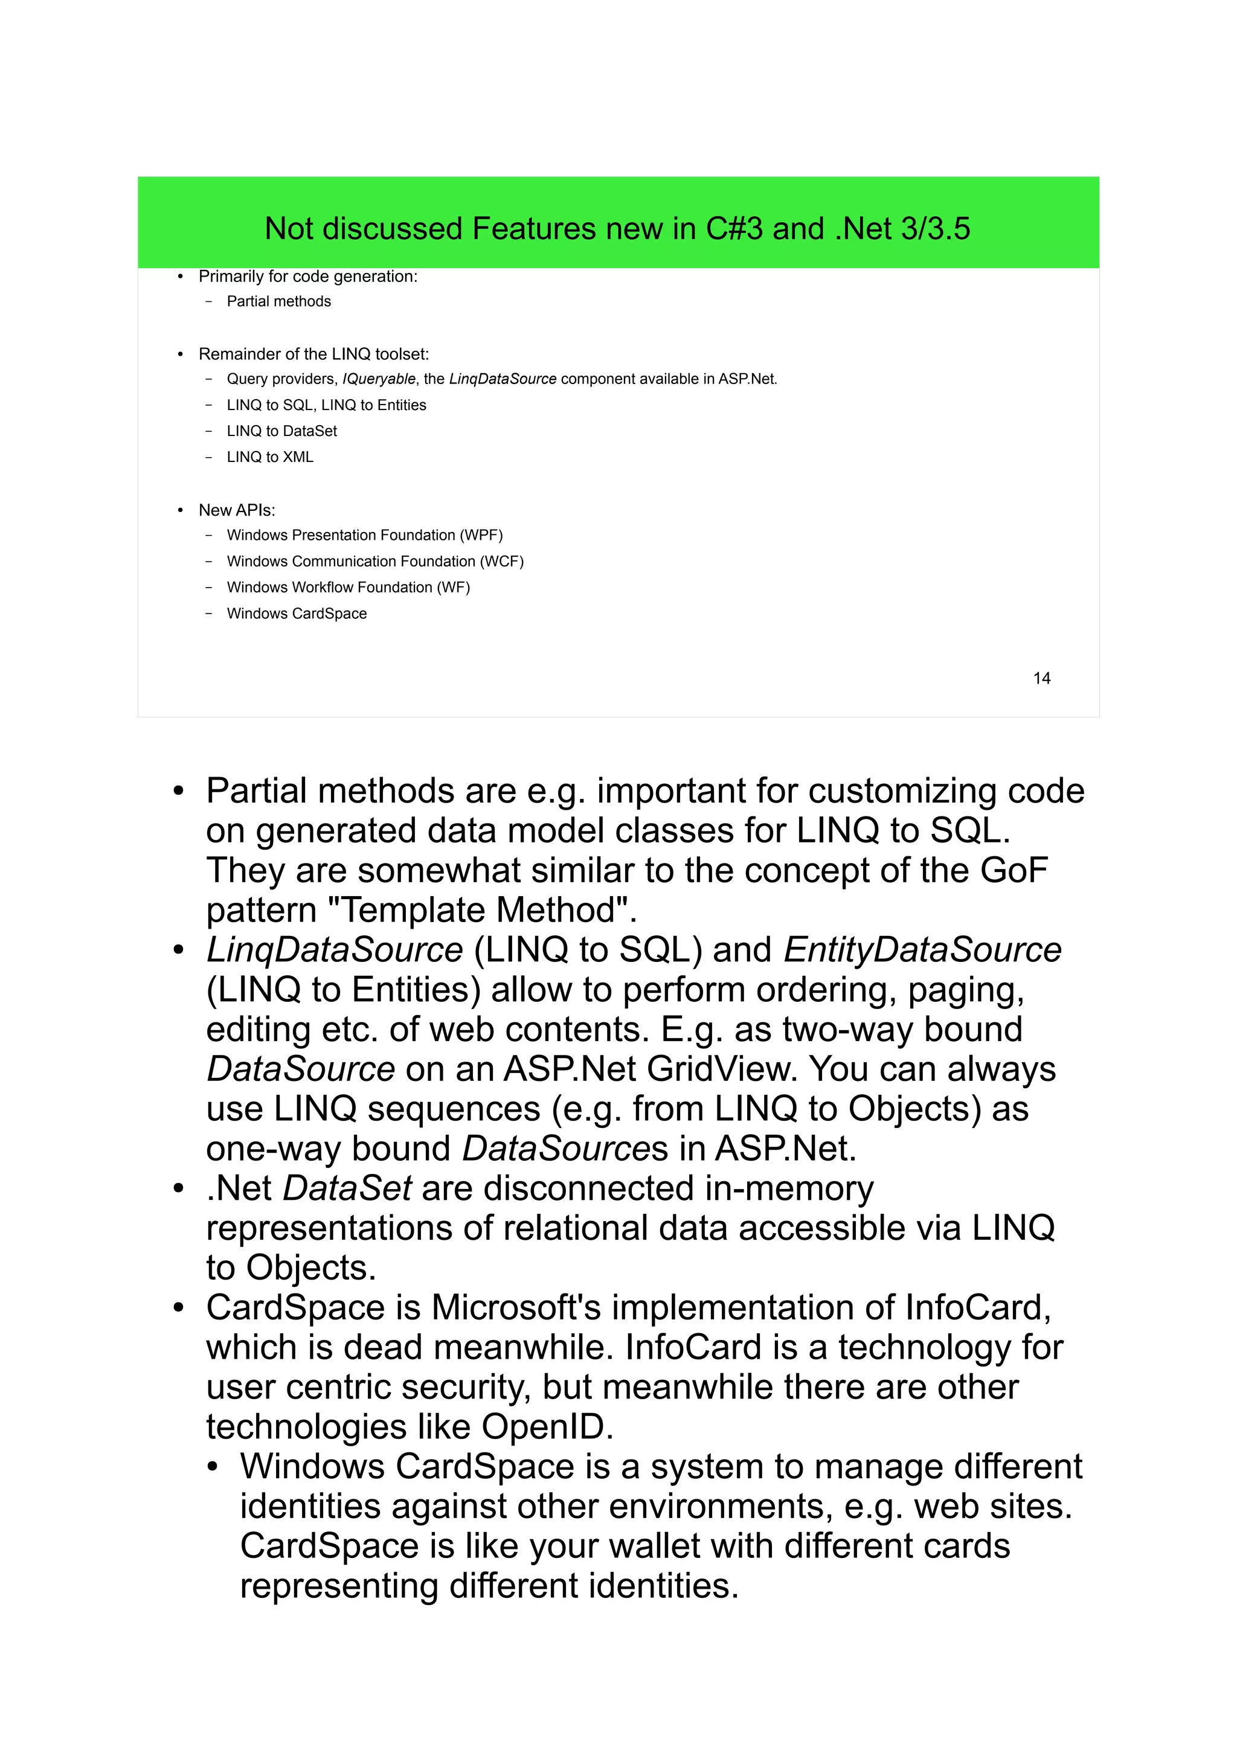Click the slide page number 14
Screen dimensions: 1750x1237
(1041, 678)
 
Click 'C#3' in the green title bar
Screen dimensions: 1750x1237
(734, 229)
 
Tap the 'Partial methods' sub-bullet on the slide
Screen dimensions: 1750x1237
(278, 301)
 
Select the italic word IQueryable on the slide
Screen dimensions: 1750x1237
(379, 379)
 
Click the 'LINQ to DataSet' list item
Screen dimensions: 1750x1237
(281, 431)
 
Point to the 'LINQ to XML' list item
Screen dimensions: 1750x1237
(270, 457)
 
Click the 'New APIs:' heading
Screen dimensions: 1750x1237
(236, 510)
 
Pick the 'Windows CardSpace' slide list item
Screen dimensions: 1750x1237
(297, 614)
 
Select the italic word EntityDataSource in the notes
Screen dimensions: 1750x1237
(922, 950)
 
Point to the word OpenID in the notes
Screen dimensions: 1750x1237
(547, 1427)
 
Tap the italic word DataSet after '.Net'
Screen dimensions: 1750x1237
(347, 1188)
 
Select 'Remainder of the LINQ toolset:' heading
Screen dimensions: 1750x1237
(313, 354)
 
